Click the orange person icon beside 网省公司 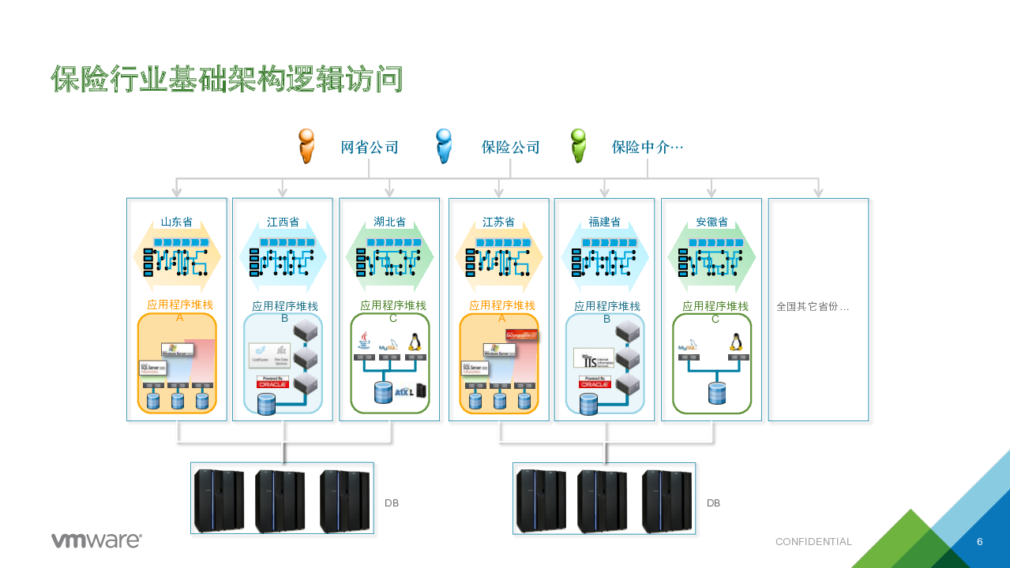pyautogui.click(x=306, y=147)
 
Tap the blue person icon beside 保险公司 pyautogui.click(x=444, y=147)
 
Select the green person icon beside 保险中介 pyautogui.click(x=579, y=147)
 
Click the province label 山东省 pyautogui.click(x=176, y=222)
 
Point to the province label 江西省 pyautogui.click(x=283, y=222)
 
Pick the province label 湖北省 pyautogui.click(x=389, y=222)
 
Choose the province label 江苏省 pyautogui.click(x=498, y=222)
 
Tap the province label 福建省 pyautogui.click(x=604, y=222)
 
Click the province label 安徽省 pyautogui.click(x=712, y=222)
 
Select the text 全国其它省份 pyautogui.click(x=812, y=306)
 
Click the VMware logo pyautogui.click(x=96, y=540)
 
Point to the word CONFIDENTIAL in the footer pyautogui.click(x=813, y=542)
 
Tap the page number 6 pyautogui.click(x=979, y=542)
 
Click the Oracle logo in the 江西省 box pyautogui.click(x=273, y=382)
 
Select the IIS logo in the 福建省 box pyautogui.click(x=593, y=358)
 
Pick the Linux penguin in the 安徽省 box pyautogui.click(x=736, y=342)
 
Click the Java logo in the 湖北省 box pyautogui.click(x=363, y=341)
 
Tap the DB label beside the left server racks pyautogui.click(x=392, y=503)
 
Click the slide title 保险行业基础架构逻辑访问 pyautogui.click(x=227, y=79)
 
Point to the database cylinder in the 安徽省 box pyautogui.click(x=716, y=393)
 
